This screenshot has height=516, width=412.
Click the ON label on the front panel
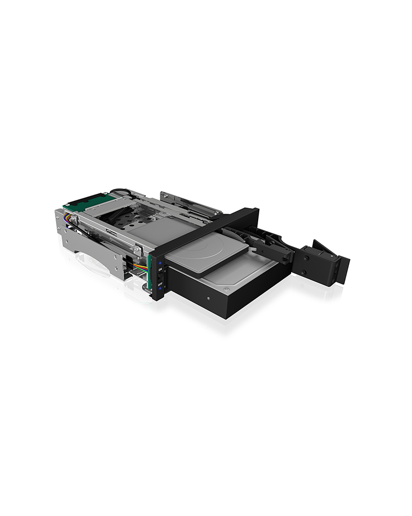pyautogui.click(x=160, y=270)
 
